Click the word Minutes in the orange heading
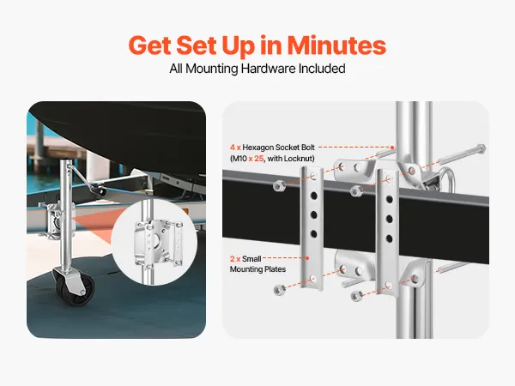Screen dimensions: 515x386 pyautogui.click(x=336, y=45)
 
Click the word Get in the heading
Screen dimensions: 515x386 pyautogui.click(x=149, y=45)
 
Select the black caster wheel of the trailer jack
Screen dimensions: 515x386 pyautogui.click(x=75, y=286)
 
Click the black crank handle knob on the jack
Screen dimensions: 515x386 pyautogui.click(x=100, y=190)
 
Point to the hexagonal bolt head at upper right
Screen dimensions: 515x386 pyautogui.click(x=481, y=148)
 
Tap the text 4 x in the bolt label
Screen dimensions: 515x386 pyautogui.click(x=235, y=148)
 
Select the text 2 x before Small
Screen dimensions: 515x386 pyautogui.click(x=235, y=259)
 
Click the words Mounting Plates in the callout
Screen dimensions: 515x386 pyautogui.click(x=257, y=269)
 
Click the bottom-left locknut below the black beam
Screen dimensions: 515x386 pyautogui.click(x=279, y=290)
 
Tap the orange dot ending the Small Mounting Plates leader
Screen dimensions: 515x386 pyautogui.click(x=306, y=258)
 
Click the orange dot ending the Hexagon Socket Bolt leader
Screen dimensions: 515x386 pyautogui.click(x=392, y=148)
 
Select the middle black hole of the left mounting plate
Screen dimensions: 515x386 pyautogui.click(x=313, y=215)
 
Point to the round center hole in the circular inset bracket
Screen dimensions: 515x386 pyautogui.click(x=156, y=241)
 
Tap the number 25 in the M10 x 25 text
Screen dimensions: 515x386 pyautogui.click(x=259, y=159)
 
